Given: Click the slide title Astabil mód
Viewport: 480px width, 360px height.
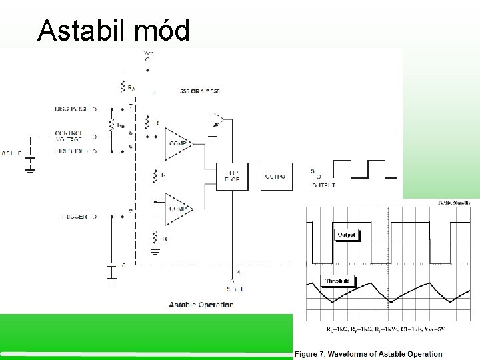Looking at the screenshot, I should click(x=113, y=30).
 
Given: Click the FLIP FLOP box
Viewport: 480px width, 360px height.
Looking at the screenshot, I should click(x=231, y=176).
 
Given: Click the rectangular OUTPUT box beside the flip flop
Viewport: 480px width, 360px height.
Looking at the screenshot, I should click(x=276, y=176).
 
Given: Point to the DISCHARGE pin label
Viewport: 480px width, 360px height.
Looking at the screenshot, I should click(x=72, y=109).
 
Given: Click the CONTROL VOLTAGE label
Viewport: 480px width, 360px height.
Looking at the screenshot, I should click(x=69, y=137).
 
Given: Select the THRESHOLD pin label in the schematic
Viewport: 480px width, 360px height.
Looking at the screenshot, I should click(x=71, y=151).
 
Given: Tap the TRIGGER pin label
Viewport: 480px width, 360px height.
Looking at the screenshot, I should click(x=74, y=217).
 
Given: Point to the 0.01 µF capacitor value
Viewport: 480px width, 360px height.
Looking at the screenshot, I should click(x=12, y=154).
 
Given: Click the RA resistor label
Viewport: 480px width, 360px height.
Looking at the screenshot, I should click(x=131, y=88).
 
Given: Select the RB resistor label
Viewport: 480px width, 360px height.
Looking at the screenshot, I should click(x=119, y=125).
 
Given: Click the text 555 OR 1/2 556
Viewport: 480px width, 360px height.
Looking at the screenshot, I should click(x=199, y=91).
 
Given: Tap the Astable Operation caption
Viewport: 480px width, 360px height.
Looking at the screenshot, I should click(x=201, y=305).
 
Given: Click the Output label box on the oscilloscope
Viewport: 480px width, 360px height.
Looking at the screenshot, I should click(x=347, y=235).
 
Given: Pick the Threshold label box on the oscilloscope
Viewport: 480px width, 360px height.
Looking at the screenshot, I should click(x=337, y=281).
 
